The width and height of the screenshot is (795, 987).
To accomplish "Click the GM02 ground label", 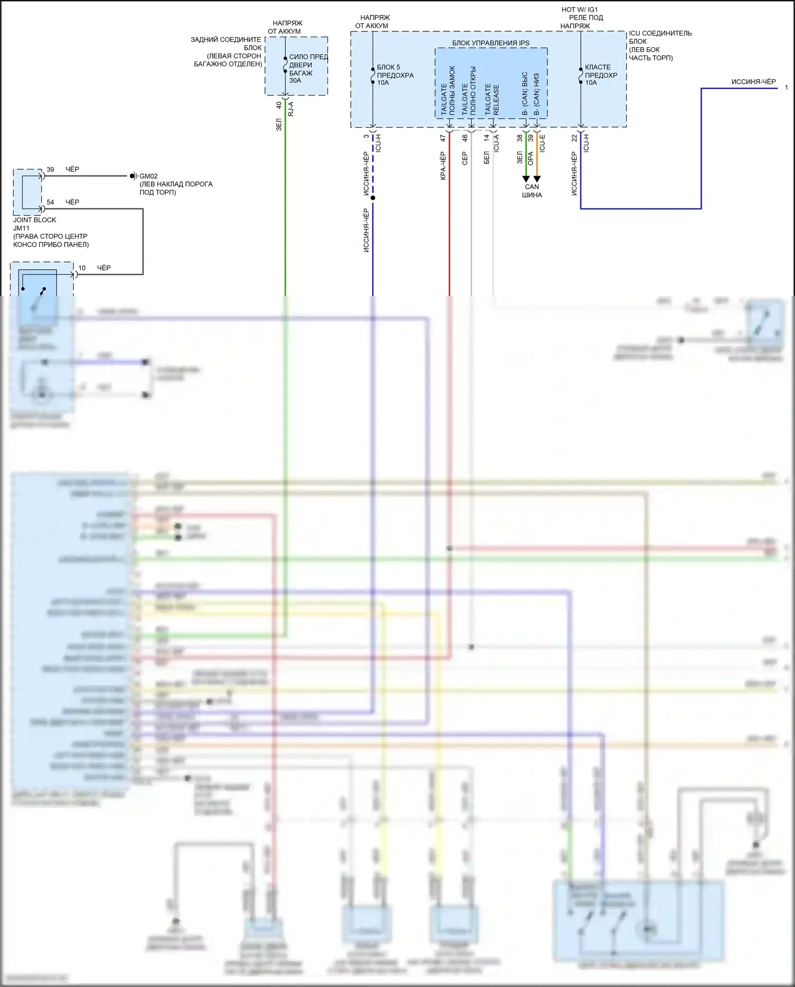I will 148,176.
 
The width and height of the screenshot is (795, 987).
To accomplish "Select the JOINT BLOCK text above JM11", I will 34,220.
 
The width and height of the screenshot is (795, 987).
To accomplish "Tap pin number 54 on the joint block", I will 50,202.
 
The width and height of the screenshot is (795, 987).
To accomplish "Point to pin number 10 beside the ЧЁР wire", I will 82,268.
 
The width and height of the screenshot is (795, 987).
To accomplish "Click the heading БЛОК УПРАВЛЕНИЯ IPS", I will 490,43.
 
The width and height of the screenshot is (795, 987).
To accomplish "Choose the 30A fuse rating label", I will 295,81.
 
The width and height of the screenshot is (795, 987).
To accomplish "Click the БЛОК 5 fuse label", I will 388,67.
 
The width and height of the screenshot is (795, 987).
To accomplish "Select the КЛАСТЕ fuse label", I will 598,67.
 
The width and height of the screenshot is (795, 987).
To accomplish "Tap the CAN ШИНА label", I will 532,190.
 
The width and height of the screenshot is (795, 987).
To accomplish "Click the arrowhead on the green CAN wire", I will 526,179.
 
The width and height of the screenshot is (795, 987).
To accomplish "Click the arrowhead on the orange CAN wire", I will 537,179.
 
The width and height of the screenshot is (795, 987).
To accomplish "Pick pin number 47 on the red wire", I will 443,138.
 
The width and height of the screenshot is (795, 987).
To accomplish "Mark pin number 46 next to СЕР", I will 465,138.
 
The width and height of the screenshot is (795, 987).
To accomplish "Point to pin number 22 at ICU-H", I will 575,138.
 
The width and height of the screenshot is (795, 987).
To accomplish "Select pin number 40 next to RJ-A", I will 279,106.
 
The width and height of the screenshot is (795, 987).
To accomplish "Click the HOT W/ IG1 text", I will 580,10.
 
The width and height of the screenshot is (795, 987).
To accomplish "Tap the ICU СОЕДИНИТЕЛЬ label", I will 660,33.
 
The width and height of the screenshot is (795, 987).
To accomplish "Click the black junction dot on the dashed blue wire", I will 373,198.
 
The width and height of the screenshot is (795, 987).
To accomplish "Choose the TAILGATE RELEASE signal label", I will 492,100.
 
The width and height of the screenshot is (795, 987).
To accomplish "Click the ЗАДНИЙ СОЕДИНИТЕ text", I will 226,40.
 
